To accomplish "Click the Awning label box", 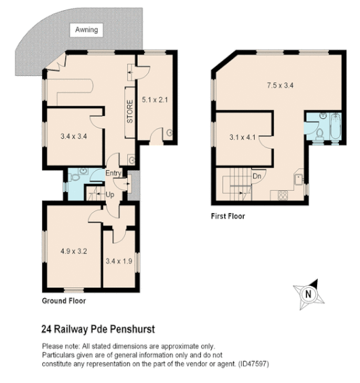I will pos(86,30).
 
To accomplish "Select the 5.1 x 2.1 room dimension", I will pos(156,99).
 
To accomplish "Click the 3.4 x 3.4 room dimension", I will pos(73,136).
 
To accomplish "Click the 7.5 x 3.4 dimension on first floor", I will pos(279,86).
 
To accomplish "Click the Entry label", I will pos(113,174).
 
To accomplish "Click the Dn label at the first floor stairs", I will pos(257,175).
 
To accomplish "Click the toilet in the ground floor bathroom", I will pos(81,172).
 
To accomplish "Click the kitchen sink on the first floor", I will pos(297,179).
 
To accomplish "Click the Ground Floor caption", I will pos(64,299).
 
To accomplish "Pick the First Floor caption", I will pos(228,217).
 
